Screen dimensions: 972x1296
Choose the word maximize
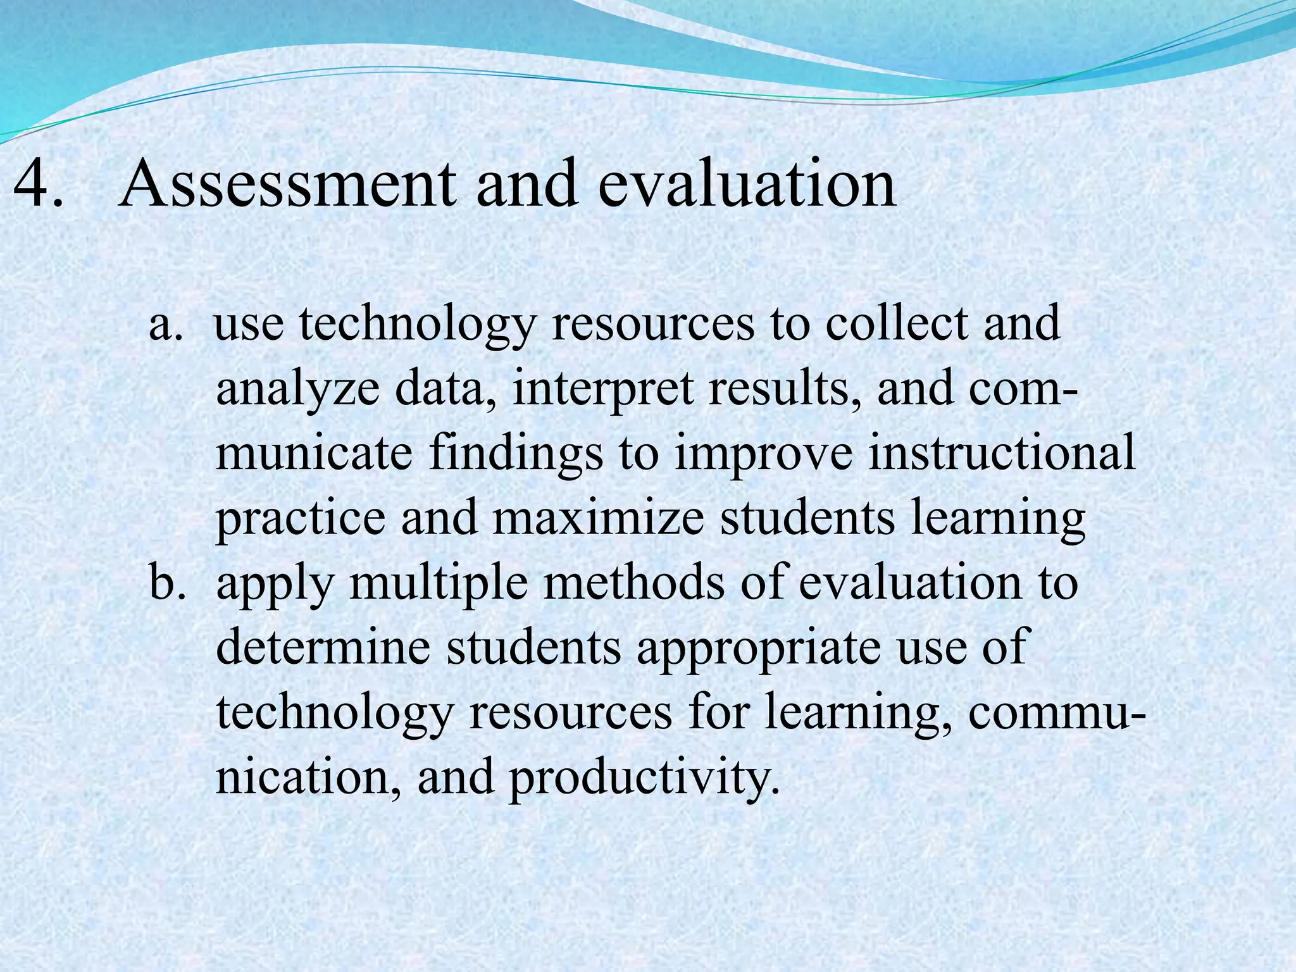(x=598, y=519)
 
